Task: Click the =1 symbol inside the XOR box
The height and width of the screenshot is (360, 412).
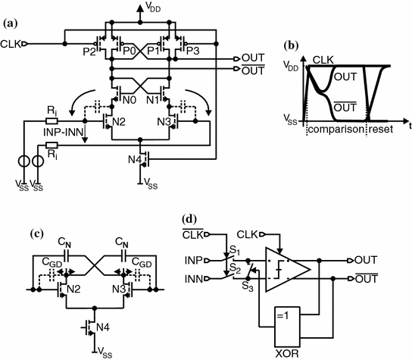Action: (278, 315)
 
